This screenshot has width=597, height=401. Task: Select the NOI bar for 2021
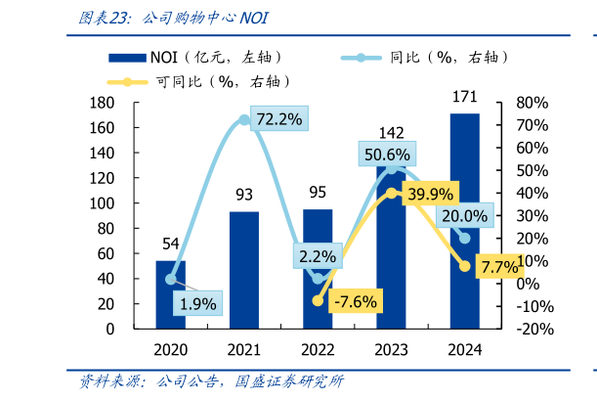click(243, 270)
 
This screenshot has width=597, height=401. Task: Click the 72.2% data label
click(278, 119)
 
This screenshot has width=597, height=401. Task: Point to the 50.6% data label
click(387, 154)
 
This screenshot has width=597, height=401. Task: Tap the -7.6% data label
click(355, 301)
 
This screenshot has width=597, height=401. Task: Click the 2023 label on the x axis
click(391, 349)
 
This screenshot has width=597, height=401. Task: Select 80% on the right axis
click(533, 104)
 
